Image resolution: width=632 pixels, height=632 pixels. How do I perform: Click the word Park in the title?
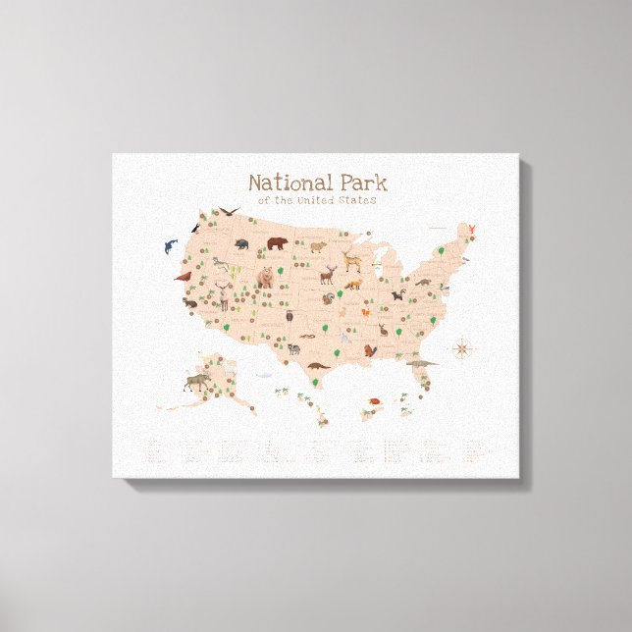click(x=359, y=183)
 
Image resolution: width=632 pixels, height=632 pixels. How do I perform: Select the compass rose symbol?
click(x=462, y=348)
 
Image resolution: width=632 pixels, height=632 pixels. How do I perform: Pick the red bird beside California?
click(x=182, y=278)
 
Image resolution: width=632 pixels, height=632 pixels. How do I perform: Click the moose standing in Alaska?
click(x=194, y=381)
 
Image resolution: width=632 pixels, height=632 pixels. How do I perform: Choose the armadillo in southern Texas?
click(x=317, y=366)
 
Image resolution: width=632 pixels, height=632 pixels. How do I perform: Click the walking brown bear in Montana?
click(x=278, y=242)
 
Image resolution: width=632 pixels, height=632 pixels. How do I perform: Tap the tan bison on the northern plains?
click(x=318, y=246)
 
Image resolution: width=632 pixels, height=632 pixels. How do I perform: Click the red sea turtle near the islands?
click(x=375, y=400)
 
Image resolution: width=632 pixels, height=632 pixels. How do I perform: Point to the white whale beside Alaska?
click(x=263, y=373)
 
